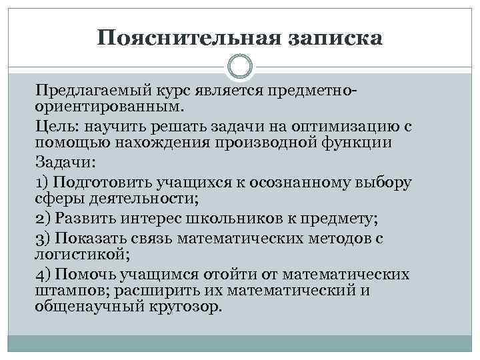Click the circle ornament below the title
240,67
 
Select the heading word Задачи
58,163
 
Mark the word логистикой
79,253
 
